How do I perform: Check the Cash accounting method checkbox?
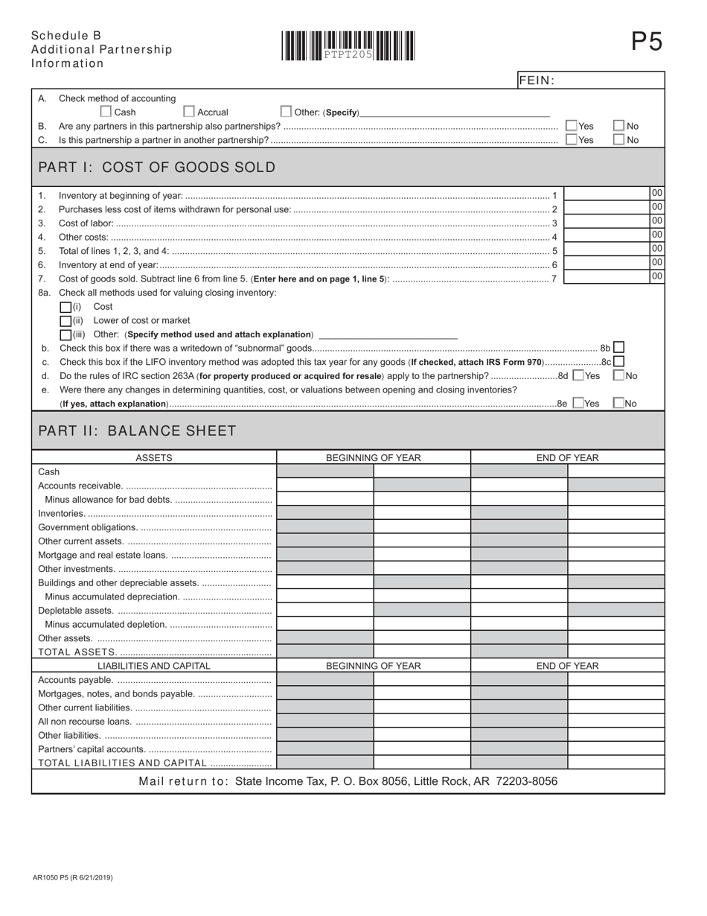106,112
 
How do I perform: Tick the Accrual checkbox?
189,112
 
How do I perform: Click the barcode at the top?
348,45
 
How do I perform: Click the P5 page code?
646,42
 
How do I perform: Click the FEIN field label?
537,80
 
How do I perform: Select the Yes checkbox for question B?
572,126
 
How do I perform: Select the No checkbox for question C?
618,139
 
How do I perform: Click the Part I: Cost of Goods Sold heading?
156,168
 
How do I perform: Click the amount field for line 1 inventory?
607,194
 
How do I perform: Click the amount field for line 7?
607,277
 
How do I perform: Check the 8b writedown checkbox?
618,347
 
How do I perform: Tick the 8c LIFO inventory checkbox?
618,361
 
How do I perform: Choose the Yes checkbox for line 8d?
578,375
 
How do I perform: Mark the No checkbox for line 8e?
618,403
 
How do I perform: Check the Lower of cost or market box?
65,321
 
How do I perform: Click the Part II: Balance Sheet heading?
137,431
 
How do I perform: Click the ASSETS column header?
154,457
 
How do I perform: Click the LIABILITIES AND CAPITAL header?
154,666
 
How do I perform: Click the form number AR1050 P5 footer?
73,878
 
